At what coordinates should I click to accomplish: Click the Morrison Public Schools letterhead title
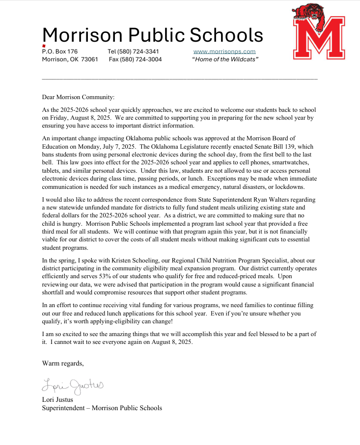[153, 35]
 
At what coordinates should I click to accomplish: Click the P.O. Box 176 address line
[60, 52]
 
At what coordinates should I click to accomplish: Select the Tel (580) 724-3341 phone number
[133, 52]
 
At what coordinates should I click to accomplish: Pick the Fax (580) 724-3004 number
[135, 59]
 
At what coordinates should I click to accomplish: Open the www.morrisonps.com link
[224, 52]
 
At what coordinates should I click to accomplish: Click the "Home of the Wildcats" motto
[225, 59]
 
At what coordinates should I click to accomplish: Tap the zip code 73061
[90, 59]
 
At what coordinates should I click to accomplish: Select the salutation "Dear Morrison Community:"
[78, 98]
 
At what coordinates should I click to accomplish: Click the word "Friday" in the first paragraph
[52, 118]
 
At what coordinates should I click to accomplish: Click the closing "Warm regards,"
[63, 364]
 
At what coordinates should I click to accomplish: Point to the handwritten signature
[73, 386]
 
